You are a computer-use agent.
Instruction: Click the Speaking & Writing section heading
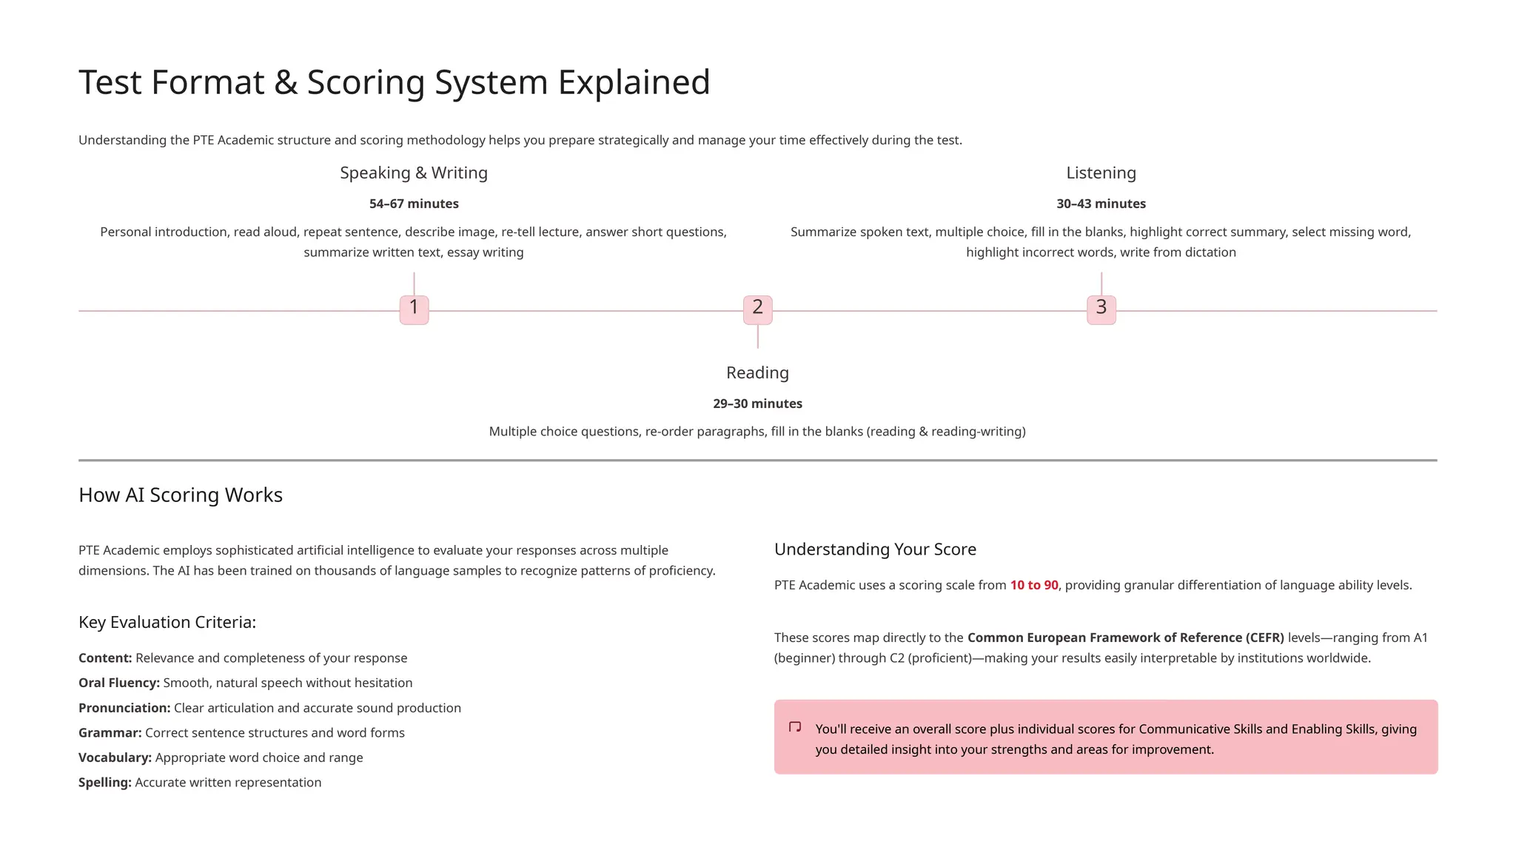click(x=414, y=173)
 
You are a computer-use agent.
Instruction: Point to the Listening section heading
click(x=1101, y=173)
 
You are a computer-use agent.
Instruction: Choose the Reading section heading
click(x=757, y=373)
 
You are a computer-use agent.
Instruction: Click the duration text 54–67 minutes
click(x=414, y=204)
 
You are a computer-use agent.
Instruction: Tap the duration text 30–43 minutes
click(x=1101, y=204)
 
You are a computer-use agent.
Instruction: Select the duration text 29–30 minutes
click(x=757, y=404)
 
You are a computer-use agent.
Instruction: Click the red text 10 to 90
click(x=1034, y=585)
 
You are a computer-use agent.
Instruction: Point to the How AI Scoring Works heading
click(x=181, y=495)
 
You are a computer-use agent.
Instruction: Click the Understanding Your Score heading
click(x=875, y=549)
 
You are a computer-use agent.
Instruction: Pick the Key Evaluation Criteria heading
click(x=167, y=622)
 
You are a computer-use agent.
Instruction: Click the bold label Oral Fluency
click(x=119, y=683)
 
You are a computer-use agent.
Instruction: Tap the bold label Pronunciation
click(x=124, y=708)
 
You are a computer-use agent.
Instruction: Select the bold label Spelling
click(x=105, y=783)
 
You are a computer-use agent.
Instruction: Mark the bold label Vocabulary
click(x=115, y=757)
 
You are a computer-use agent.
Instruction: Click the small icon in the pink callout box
click(x=795, y=727)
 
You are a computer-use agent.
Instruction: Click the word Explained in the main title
click(x=634, y=82)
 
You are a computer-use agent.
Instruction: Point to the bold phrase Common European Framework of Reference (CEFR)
click(x=1125, y=638)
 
